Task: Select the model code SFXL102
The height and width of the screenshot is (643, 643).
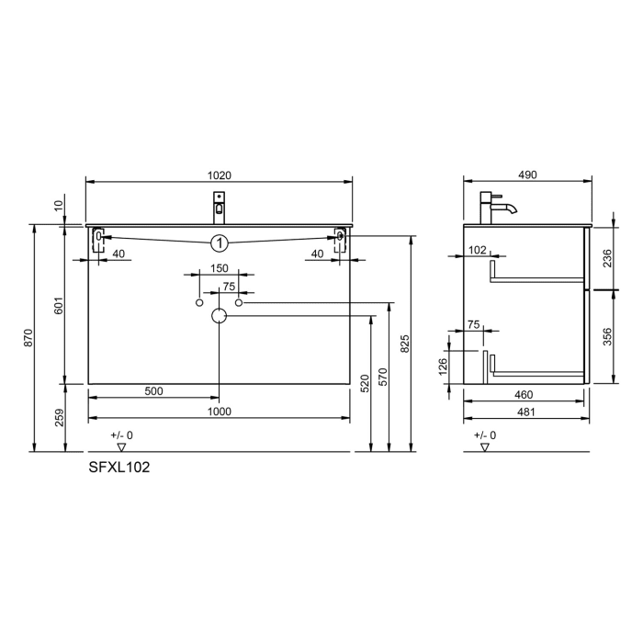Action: pyautogui.click(x=118, y=467)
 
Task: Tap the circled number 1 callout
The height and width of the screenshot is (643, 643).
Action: pyautogui.click(x=219, y=243)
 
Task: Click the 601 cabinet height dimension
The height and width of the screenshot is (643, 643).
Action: pyautogui.click(x=58, y=306)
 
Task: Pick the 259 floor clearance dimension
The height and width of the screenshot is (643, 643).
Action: pyautogui.click(x=58, y=419)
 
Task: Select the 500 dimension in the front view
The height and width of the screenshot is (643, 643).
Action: pyautogui.click(x=153, y=391)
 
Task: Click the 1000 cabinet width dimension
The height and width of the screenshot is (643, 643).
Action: pyautogui.click(x=219, y=412)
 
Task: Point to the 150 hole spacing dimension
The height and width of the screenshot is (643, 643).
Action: pyautogui.click(x=219, y=268)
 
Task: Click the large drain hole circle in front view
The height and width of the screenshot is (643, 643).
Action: pyautogui.click(x=219, y=317)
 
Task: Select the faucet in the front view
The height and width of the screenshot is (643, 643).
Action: pyautogui.click(x=219, y=205)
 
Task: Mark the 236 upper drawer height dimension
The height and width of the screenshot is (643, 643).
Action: pyautogui.click(x=604, y=259)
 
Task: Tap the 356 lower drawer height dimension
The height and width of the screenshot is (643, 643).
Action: pyautogui.click(x=604, y=336)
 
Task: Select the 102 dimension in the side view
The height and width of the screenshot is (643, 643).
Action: pyautogui.click(x=477, y=249)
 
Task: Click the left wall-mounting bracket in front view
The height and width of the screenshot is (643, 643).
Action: pyautogui.click(x=98, y=238)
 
